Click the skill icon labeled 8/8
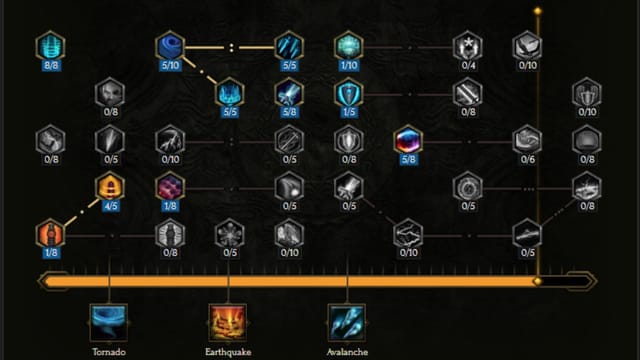click(x=49, y=45)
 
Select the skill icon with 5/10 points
click(x=169, y=45)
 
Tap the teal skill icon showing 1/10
click(x=348, y=45)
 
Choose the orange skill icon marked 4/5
click(x=109, y=186)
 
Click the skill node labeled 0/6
click(x=528, y=139)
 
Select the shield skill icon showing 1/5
click(x=348, y=93)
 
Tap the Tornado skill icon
click(x=109, y=322)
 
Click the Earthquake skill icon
click(x=228, y=322)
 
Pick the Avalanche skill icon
click(x=347, y=322)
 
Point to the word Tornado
click(x=109, y=351)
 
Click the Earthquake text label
click(x=228, y=351)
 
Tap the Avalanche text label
click(x=347, y=351)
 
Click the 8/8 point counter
click(x=49, y=65)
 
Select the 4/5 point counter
click(x=109, y=206)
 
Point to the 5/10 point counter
click(x=169, y=65)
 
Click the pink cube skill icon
click(x=169, y=186)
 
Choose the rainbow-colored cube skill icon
click(x=408, y=139)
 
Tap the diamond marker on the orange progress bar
click(x=538, y=281)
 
